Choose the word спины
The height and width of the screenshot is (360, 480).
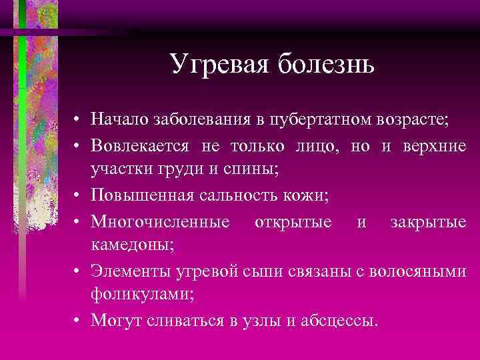[x=253, y=169]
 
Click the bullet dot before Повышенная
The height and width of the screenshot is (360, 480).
[x=77, y=194]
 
